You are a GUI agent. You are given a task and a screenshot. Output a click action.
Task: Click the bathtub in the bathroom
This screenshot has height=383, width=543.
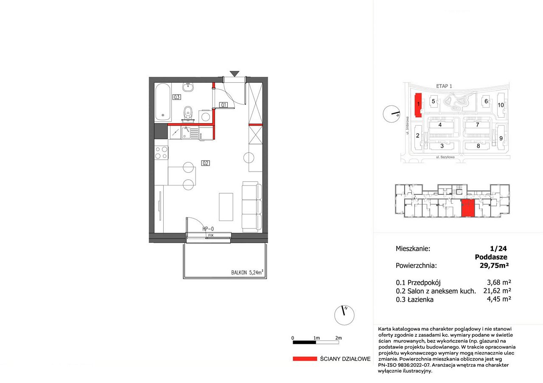[x=162, y=102]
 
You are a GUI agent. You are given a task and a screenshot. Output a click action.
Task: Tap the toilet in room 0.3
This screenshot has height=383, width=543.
[x=188, y=113]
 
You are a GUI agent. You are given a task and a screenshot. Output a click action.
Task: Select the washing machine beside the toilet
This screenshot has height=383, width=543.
[x=205, y=116]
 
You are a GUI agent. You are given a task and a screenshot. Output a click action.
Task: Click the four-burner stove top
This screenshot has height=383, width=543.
[x=161, y=152]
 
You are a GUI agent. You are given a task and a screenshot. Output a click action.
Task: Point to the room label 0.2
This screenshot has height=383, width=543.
[x=205, y=163]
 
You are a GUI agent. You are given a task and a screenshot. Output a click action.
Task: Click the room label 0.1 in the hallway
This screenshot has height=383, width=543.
[x=223, y=105]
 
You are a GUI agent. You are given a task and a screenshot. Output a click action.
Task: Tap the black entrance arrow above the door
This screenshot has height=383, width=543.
[x=235, y=74]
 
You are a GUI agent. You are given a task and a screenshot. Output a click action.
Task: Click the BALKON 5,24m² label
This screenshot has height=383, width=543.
[x=247, y=272]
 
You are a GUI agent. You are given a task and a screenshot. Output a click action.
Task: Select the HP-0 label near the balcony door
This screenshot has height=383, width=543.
[x=208, y=228]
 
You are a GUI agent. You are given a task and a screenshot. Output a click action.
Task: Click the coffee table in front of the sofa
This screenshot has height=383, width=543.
[x=226, y=207]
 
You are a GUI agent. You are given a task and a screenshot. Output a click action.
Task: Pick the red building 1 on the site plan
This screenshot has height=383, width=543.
[x=418, y=105]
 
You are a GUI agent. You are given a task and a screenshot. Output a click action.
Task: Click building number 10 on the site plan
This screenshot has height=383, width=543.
[x=501, y=105]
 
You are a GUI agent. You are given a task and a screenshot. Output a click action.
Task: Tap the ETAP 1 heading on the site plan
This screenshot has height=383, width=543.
[x=444, y=86]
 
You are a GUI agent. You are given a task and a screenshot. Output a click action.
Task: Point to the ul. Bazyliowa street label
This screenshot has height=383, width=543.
[x=445, y=157]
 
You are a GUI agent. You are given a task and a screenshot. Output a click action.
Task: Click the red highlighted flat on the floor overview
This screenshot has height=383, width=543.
[x=468, y=208]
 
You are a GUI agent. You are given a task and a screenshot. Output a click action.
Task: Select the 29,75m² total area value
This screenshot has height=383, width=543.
[x=494, y=265]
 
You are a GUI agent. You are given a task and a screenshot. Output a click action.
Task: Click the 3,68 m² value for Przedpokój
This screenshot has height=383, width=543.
[x=499, y=282]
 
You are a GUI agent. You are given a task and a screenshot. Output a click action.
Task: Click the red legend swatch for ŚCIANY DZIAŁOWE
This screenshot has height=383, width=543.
[x=305, y=359]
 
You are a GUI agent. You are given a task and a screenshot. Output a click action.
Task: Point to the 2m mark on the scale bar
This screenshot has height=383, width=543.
[x=339, y=338]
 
